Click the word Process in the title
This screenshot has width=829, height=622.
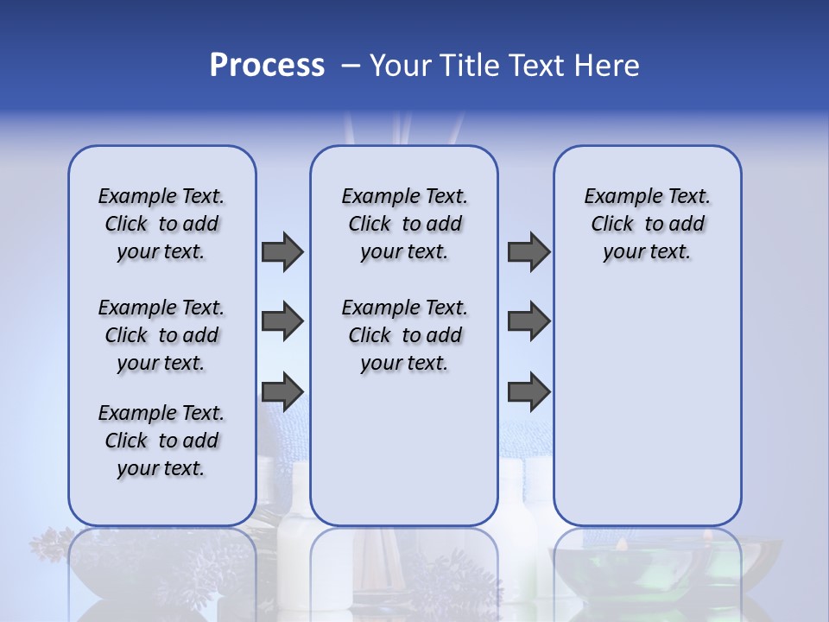point(267,66)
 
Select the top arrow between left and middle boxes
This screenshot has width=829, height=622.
point(282,251)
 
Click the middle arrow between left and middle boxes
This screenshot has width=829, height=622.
point(282,321)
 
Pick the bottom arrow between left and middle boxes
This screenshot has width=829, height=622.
point(282,391)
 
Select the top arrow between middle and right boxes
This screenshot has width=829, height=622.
point(528,251)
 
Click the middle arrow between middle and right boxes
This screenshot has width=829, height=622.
point(528,321)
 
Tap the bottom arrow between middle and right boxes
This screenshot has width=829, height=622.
point(528,391)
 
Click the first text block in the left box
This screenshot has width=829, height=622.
point(161,224)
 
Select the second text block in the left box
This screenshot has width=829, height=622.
point(161,335)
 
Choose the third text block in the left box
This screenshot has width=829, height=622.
point(161,441)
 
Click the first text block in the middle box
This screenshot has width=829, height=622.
point(404,224)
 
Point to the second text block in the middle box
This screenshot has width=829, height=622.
point(404,335)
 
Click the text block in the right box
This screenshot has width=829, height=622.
point(647,224)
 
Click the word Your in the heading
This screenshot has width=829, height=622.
point(398,66)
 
